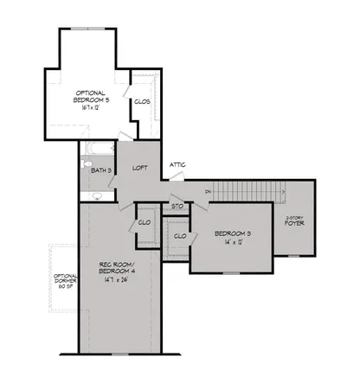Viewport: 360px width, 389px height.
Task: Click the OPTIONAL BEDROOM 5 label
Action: (90, 97)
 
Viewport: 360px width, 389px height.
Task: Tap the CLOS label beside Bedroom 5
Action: (142, 101)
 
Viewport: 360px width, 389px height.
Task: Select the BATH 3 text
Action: (102, 170)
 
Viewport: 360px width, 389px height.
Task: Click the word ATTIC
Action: (178, 164)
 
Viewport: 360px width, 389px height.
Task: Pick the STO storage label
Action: (177, 207)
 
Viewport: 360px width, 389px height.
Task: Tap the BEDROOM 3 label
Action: (232, 233)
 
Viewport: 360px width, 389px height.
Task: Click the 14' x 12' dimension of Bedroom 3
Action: (232, 245)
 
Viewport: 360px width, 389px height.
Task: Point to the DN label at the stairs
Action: (209, 190)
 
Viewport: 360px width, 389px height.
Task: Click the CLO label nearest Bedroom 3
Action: (181, 235)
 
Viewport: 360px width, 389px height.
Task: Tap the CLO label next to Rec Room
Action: (145, 222)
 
